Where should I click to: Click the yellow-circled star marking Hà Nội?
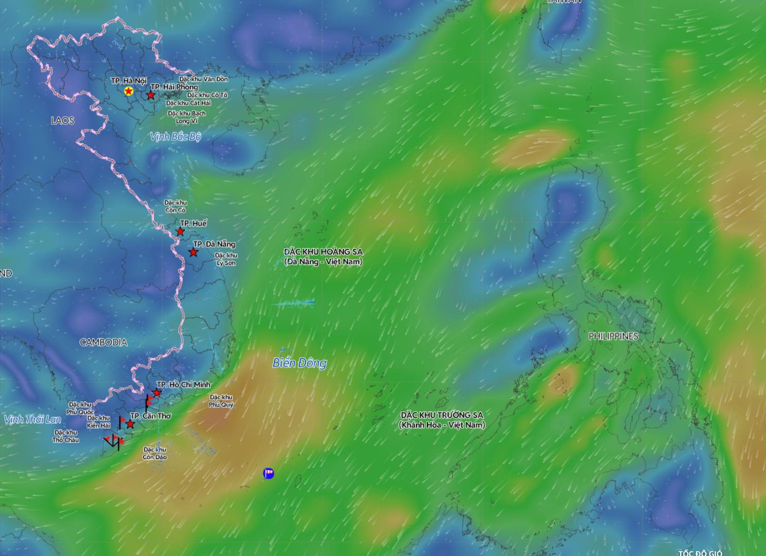pyautogui.click(x=128, y=91)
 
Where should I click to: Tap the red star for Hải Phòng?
pyautogui.click(x=150, y=95)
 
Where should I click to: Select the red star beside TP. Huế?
pyautogui.click(x=180, y=232)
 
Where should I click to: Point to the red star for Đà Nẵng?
pyautogui.click(x=193, y=252)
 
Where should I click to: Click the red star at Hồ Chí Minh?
pyautogui.click(x=157, y=393)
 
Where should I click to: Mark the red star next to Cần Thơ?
pyautogui.click(x=130, y=424)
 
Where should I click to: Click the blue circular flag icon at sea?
pyautogui.click(x=268, y=473)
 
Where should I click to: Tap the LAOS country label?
pyautogui.click(x=62, y=120)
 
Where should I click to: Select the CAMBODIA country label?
pyautogui.click(x=104, y=342)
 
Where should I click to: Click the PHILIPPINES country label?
pyautogui.click(x=613, y=336)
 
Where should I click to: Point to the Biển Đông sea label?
pyautogui.click(x=299, y=363)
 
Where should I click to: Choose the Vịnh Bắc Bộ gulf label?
pyautogui.click(x=175, y=136)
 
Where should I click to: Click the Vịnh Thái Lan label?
pyautogui.click(x=32, y=420)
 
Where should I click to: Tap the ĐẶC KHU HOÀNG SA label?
pyautogui.click(x=323, y=256)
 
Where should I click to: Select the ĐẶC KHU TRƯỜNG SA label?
pyautogui.click(x=441, y=420)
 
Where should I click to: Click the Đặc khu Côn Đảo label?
pyautogui.click(x=155, y=453)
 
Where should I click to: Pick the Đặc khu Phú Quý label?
pyautogui.click(x=222, y=401)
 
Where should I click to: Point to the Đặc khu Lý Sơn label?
pyautogui.click(x=226, y=259)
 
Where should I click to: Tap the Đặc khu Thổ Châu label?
pyautogui.click(x=65, y=436)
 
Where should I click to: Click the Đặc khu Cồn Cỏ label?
pyautogui.click(x=175, y=206)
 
